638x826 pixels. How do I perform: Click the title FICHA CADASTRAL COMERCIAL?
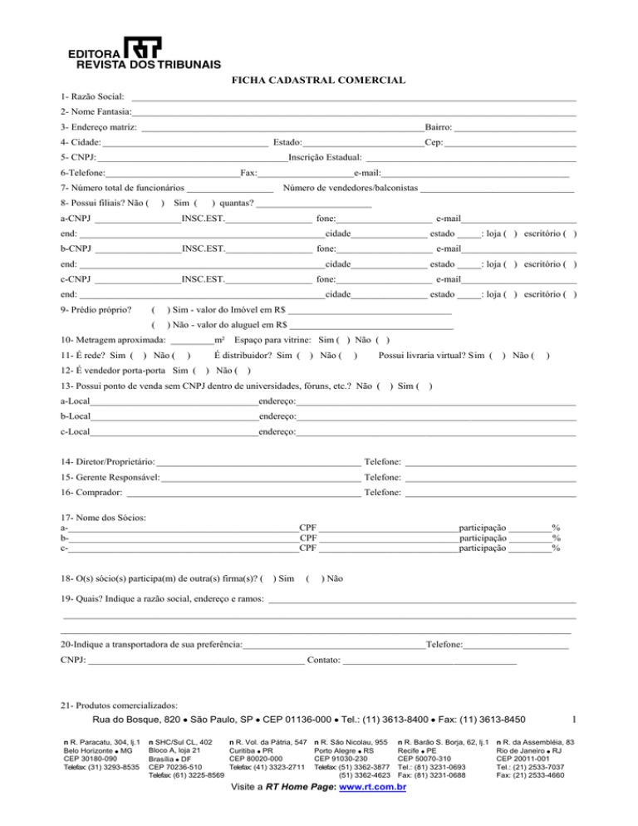[318, 81]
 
